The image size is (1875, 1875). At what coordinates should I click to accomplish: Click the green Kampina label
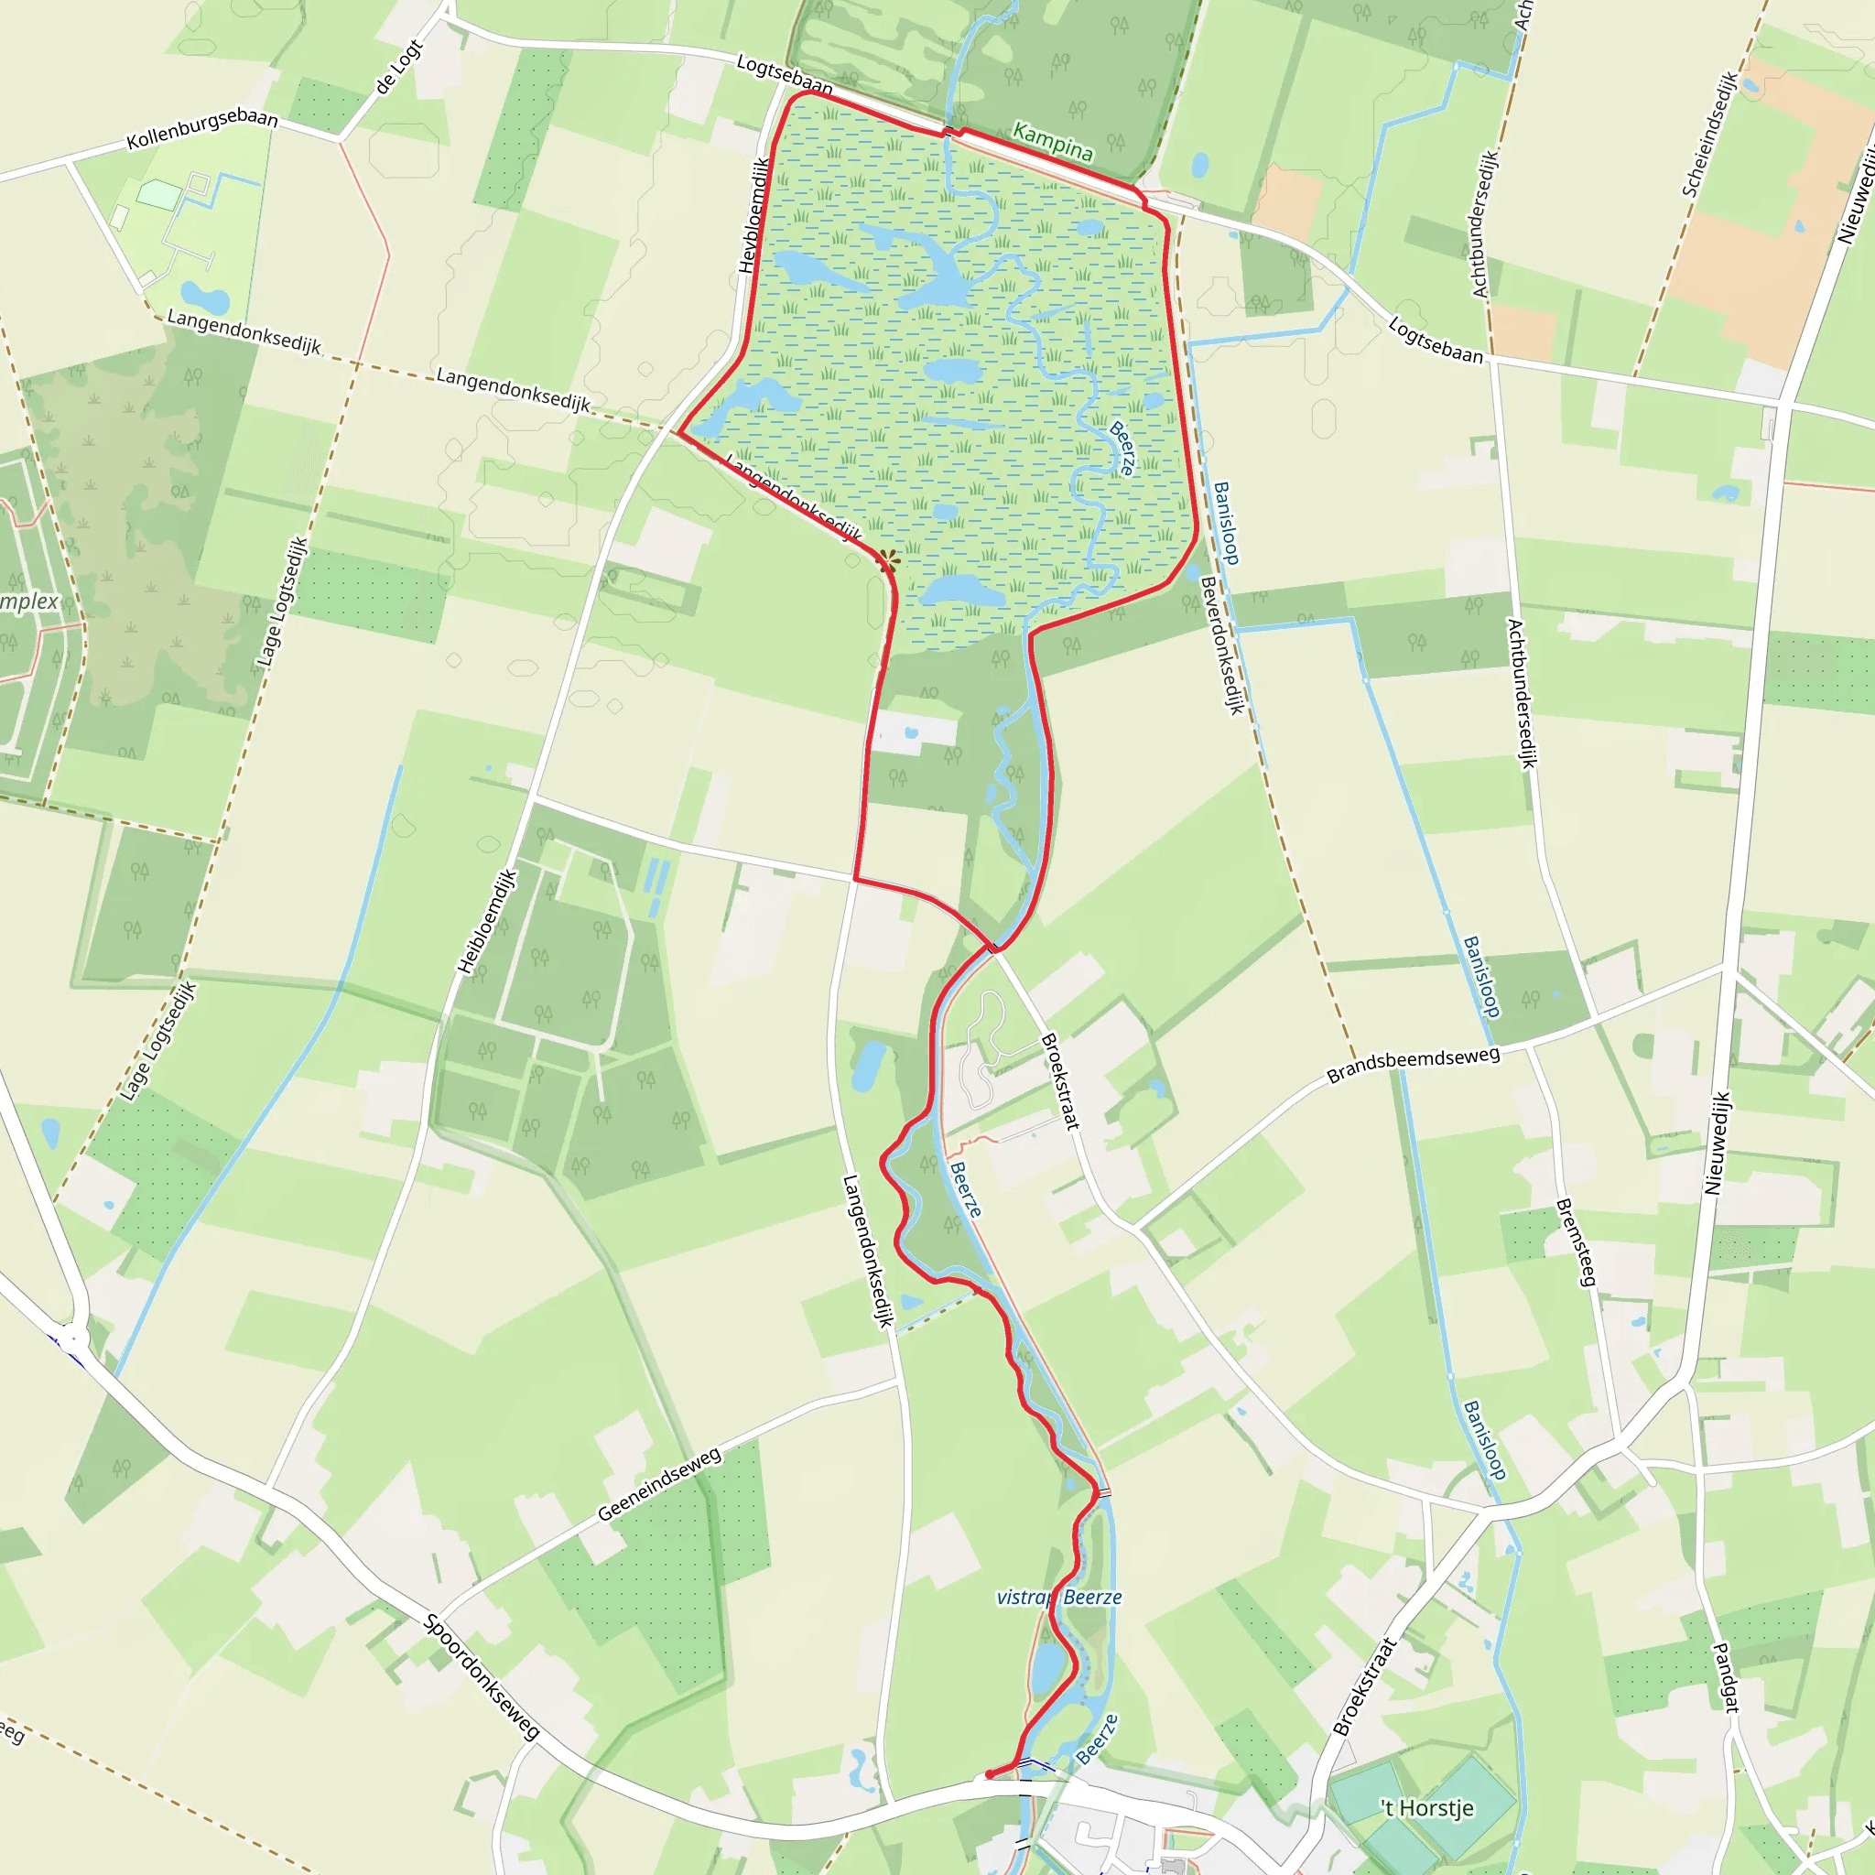pyautogui.click(x=1052, y=142)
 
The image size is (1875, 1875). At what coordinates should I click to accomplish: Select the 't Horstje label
pyautogui.click(x=1427, y=1808)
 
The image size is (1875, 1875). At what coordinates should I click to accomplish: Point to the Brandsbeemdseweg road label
pyautogui.click(x=1413, y=1064)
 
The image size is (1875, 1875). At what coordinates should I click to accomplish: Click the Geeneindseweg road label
pyautogui.click(x=659, y=1484)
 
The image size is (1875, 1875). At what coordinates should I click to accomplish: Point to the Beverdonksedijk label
pyautogui.click(x=1222, y=645)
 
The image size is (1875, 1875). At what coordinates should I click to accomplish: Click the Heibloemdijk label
pyautogui.click(x=487, y=921)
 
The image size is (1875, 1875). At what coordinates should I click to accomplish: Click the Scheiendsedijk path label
pyautogui.click(x=1709, y=135)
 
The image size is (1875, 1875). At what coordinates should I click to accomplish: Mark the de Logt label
pyautogui.click(x=399, y=67)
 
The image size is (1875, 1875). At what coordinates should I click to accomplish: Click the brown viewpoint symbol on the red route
pyautogui.click(x=888, y=559)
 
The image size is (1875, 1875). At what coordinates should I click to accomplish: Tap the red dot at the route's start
pyautogui.click(x=989, y=1775)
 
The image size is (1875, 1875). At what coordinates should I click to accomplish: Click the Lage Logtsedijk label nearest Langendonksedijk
pyautogui.click(x=281, y=602)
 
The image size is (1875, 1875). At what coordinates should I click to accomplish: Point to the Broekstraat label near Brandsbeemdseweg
pyautogui.click(x=1059, y=1081)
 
